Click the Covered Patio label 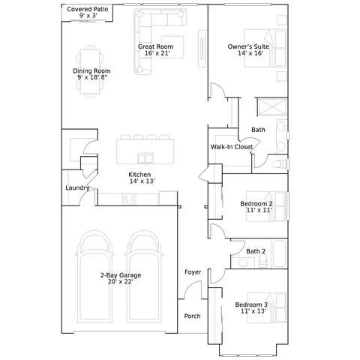pyautogui.click(x=88, y=9)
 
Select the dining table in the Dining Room pyautogui.click(x=90, y=71)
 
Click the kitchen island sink pyautogui.click(x=145, y=158)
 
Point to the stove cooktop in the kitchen pyautogui.click(x=129, y=199)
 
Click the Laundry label pyautogui.click(x=77, y=187)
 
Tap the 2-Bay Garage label pyautogui.click(x=121, y=275)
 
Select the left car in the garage pyautogui.click(x=94, y=277)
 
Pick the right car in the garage pyautogui.click(x=144, y=277)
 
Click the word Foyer pyautogui.click(x=193, y=272)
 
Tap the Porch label pyautogui.click(x=192, y=316)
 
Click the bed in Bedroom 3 pyautogui.click(x=266, y=307)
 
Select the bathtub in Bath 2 pyautogui.click(x=279, y=253)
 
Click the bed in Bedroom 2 pyautogui.click(x=265, y=206)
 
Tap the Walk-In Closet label pyautogui.click(x=232, y=147)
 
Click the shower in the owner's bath pyautogui.click(x=272, y=107)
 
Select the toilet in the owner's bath pyautogui.click(x=279, y=164)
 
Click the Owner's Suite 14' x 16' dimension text pyautogui.click(x=250, y=53)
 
